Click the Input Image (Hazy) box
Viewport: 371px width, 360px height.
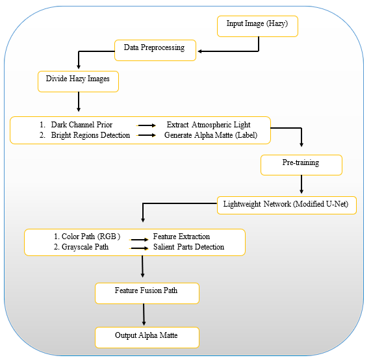pos(257,26)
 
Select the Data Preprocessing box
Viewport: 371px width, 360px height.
pos(155,50)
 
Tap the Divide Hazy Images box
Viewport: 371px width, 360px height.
pos(78,81)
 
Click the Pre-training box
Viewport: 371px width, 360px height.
pos(301,165)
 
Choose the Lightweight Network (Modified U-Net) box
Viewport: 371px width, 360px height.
pos(287,205)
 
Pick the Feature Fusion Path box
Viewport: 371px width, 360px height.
pos(147,293)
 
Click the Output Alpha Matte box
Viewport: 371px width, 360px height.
pos(147,337)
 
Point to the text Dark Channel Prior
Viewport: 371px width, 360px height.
pos(82,125)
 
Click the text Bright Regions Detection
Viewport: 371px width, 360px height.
pos(90,135)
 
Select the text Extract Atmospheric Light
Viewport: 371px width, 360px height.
pos(209,125)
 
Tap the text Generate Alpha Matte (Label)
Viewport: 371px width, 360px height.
pos(211,135)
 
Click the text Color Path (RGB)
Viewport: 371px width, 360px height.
pos(91,237)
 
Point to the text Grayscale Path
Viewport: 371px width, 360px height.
pos(85,247)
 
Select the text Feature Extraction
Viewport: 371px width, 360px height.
pos(181,237)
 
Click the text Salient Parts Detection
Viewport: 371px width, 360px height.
pos(188,247)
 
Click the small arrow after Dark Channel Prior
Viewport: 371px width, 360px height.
pos(146,125)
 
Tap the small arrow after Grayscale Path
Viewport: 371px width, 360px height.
pos(139,248)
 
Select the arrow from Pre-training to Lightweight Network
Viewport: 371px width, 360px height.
pos(301,185)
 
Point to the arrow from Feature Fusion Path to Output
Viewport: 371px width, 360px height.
pos(144,315)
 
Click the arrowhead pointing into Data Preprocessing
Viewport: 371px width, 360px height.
pos(199,51)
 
